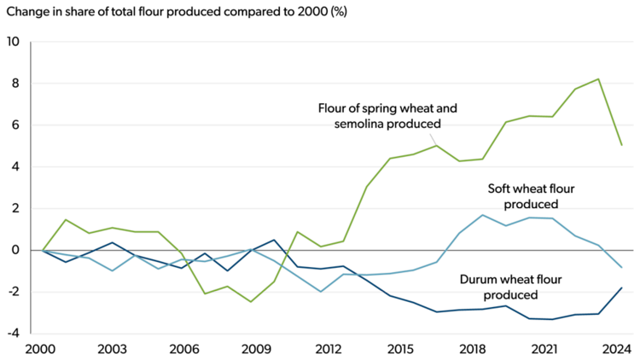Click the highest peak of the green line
[598, 78]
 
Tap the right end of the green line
[622, 145]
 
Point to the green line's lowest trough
[251, 301]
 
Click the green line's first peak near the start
[66, 219]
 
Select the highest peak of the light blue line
[483, 215]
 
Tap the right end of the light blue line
[622, 268]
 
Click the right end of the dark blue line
[622, 288]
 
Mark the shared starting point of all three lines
[42, 251]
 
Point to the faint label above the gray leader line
[388, 125]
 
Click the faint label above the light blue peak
[531, 206]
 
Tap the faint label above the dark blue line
[511, 295]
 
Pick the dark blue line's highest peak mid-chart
[274, 240]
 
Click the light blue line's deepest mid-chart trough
[320, 292]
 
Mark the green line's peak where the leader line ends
[437, 145]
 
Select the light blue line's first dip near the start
[112, 271]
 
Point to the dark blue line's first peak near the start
[112, 242]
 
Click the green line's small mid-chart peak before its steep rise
[298, 231]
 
